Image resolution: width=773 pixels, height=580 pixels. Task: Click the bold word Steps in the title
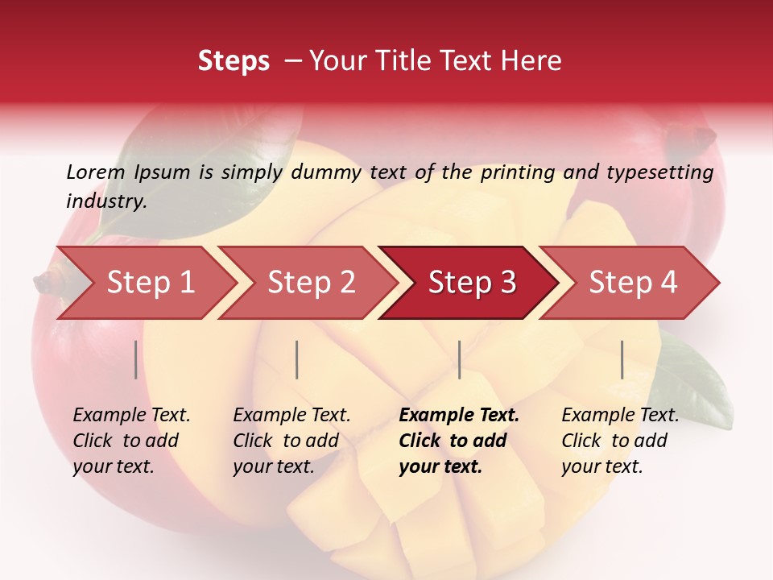[234, 60]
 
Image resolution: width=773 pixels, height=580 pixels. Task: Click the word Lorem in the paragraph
[95, 172]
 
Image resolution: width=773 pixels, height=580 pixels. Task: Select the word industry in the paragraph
[105, 201]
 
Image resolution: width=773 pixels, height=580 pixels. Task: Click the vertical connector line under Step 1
[136, 359]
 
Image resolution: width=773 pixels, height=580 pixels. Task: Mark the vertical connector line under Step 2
[297, 359]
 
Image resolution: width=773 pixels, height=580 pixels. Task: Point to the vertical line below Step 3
[459, 359]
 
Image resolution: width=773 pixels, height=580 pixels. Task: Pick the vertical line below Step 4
[622, 359]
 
